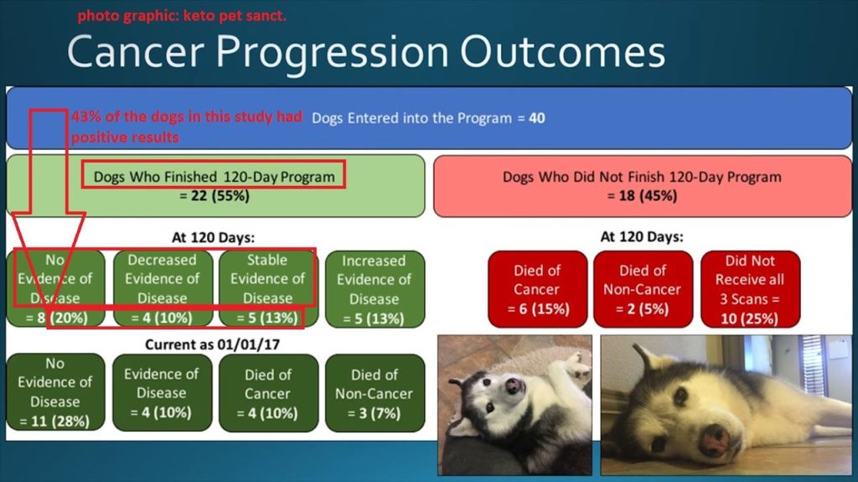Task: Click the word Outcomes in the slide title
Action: tap(562, 52)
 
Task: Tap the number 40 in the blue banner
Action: tap(537, 117)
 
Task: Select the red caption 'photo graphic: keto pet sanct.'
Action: tap(182, 15)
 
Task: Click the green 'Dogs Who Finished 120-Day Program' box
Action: tap(215, 186)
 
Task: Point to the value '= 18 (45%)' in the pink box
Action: tap(642, 195)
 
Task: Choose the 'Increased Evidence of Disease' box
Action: tap(375, 289)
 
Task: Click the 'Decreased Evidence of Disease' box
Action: tap(163, 288)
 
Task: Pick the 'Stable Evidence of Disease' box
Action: tap(268, 288)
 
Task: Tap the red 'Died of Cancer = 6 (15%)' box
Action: tap(537, 289)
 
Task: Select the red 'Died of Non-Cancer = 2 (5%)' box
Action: tap(643, 289)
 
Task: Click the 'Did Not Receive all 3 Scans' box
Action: tap(750, 289)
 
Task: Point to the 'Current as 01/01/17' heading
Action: tap(212, 345)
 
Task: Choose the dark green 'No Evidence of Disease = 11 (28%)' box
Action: tap(55, 392)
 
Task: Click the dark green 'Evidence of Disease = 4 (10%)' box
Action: tap(162, 392)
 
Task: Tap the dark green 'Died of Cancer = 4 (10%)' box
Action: tap(268, 392)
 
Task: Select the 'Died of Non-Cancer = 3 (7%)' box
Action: tap(375, 392)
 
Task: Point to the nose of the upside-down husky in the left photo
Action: tap(514, 386)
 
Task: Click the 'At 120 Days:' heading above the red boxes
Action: tap(642, 236)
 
